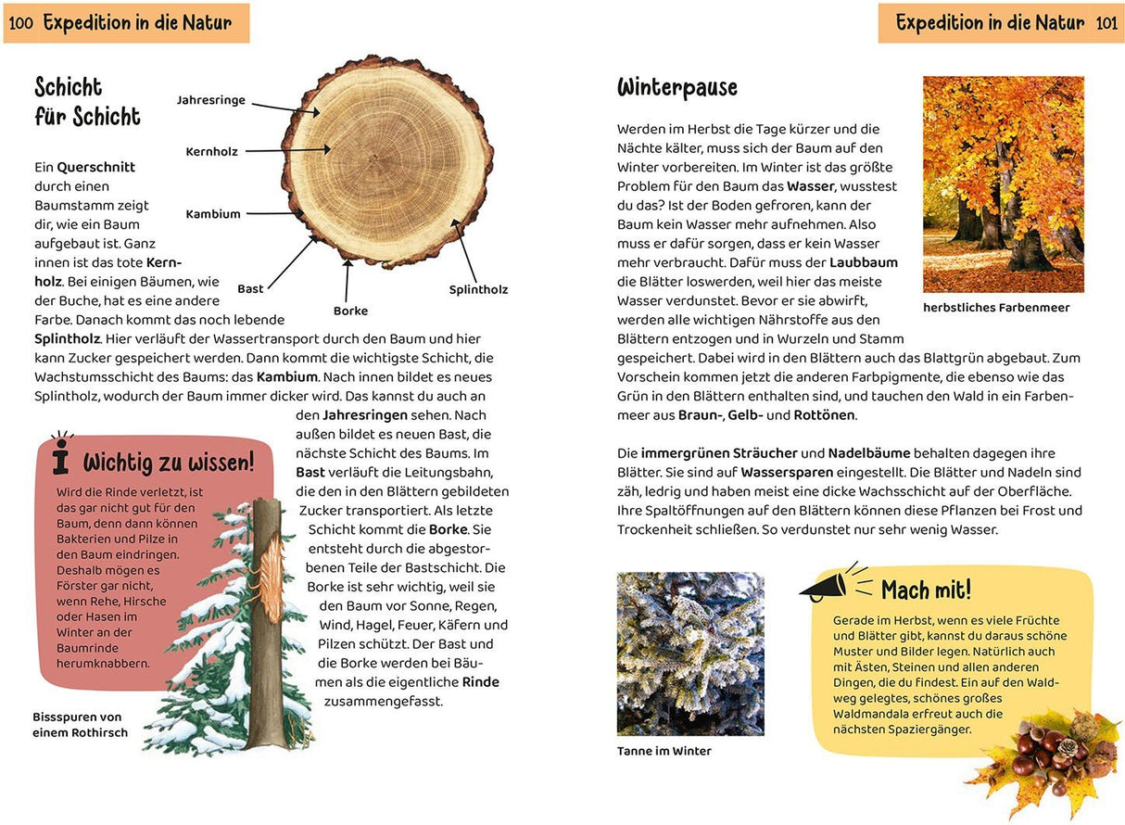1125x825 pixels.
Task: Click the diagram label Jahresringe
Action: click(210, 100)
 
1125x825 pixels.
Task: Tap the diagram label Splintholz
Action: click(478, 290)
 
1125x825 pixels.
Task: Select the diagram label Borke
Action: click(350, 311)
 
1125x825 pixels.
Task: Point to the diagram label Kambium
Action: click(212, 214)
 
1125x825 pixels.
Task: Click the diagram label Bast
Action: click(250, 289)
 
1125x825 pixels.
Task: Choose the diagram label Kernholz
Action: click(211, 152)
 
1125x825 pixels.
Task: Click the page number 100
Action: click(20, 23)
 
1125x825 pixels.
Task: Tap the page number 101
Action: click(1106, 23)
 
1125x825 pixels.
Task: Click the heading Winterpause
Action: click(677, 88)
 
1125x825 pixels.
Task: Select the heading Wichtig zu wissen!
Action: click(168, 463)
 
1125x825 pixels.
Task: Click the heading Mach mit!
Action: click(926, 590)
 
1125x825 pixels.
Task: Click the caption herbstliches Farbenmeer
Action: click(996, 308)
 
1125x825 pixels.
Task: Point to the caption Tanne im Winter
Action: click(664, 752)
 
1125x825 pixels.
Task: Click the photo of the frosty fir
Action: click(690, 654)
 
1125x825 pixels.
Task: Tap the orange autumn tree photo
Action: click(1003, 184)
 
